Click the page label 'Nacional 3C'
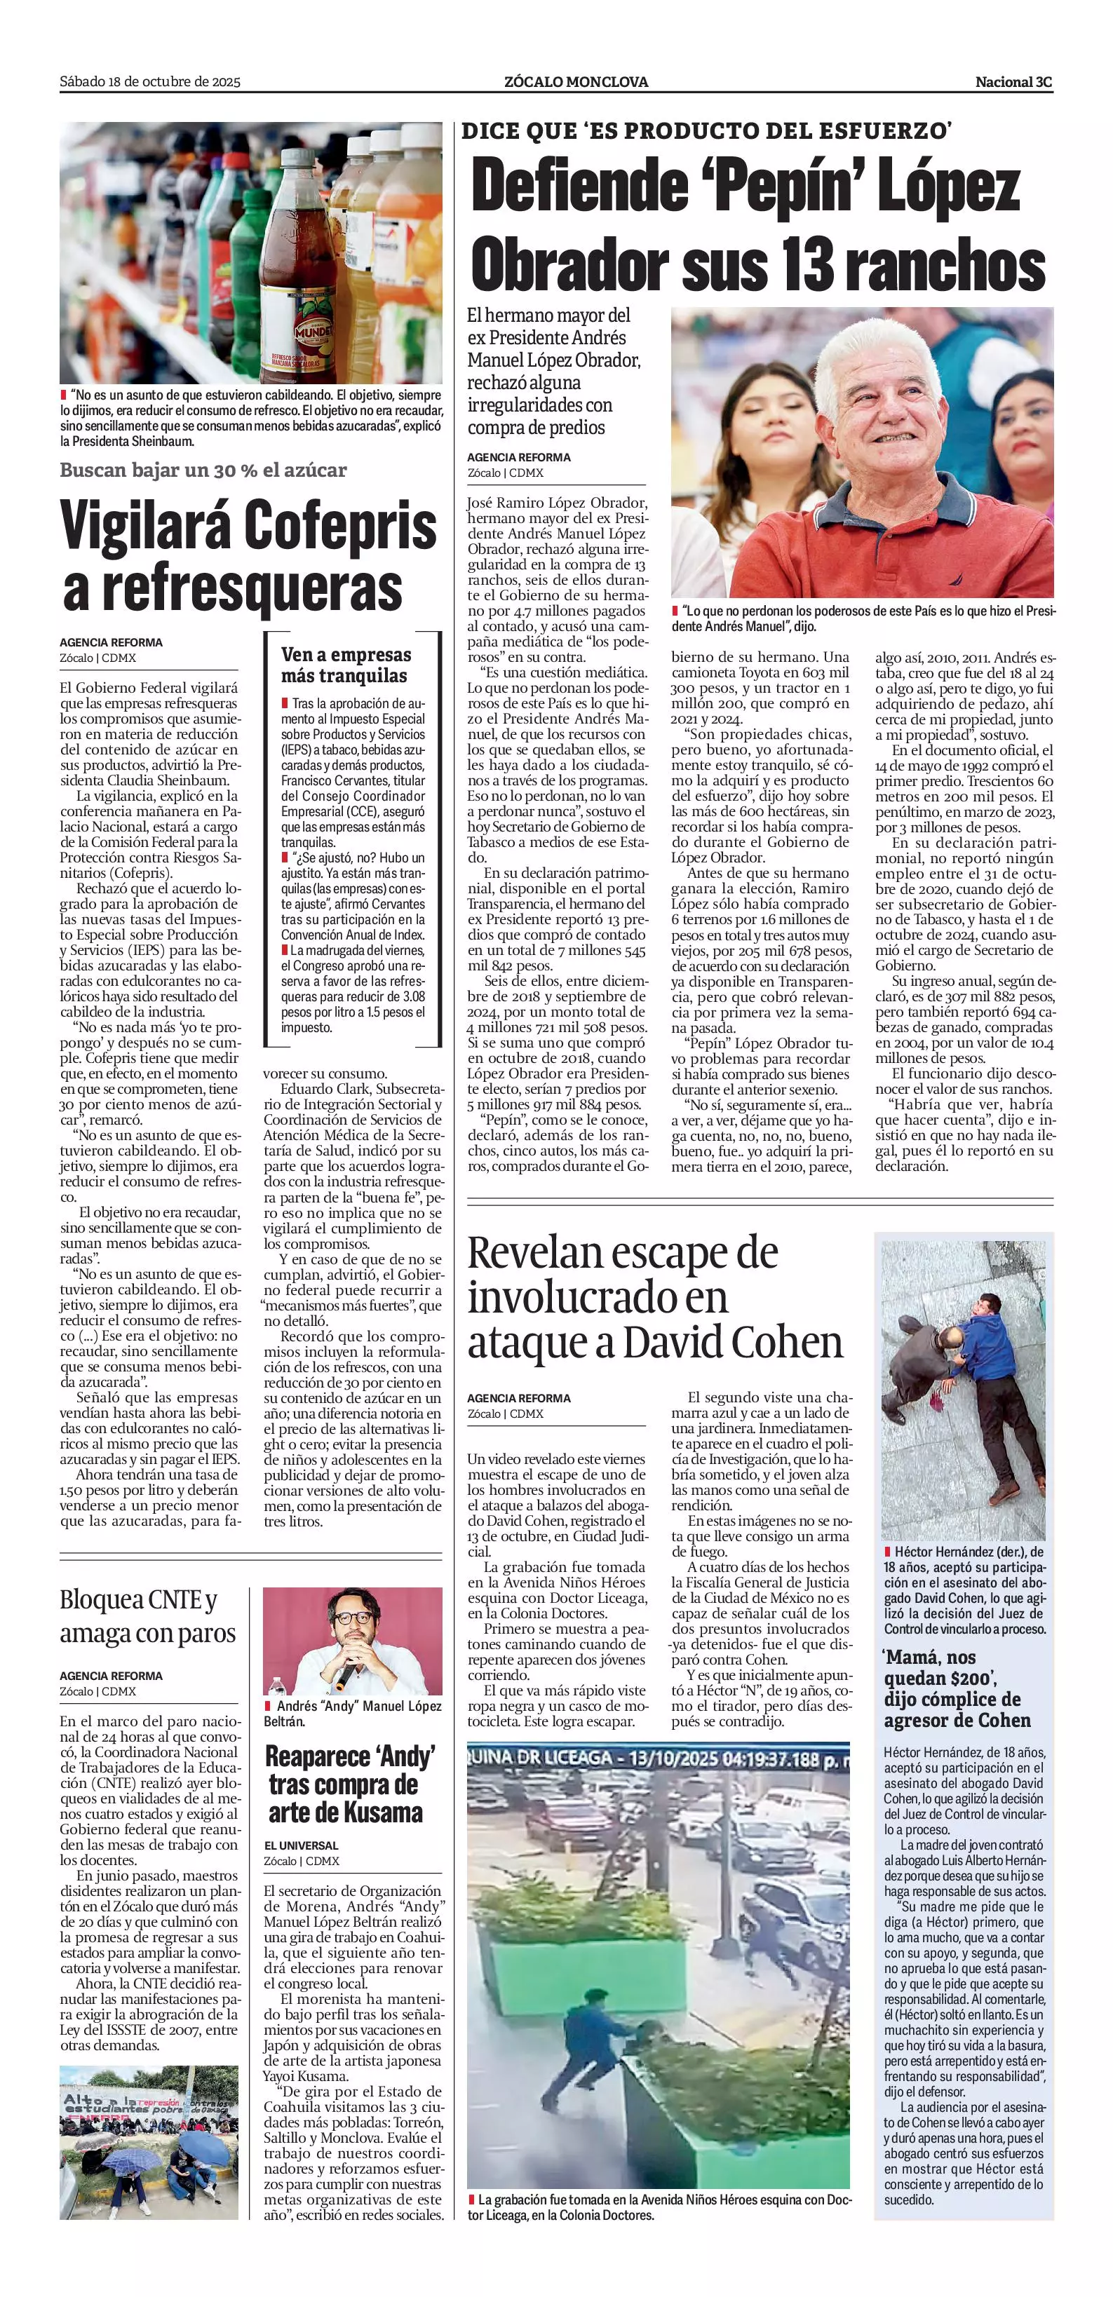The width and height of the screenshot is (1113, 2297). [1013, 82]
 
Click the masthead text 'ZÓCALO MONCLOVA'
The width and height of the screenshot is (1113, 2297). [575, 82]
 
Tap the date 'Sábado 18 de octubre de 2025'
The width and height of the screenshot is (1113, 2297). [150, 82]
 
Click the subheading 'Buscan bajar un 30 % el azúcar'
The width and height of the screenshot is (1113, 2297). [203, 470]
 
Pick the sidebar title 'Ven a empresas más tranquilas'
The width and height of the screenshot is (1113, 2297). [346, 665]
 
